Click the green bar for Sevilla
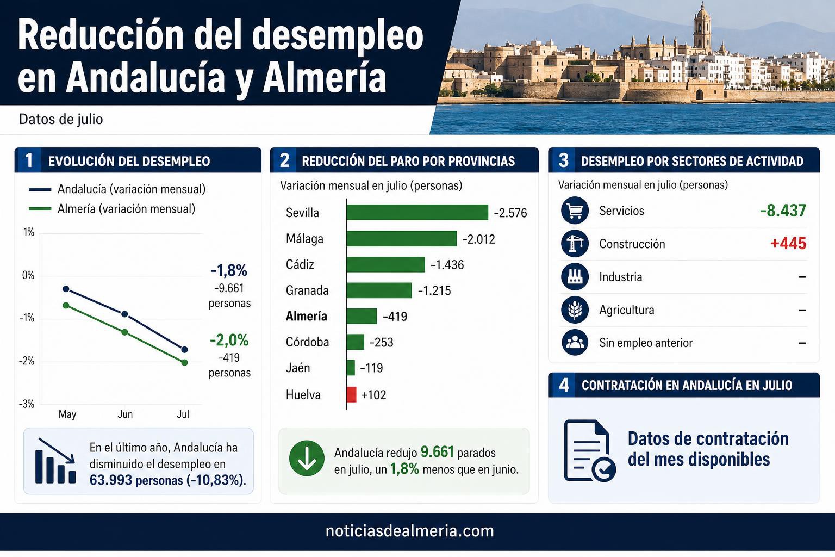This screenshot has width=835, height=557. (x=417, y=212)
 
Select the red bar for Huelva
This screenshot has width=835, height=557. (x=351, y=394)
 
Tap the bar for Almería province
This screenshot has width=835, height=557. (x=362, y=316)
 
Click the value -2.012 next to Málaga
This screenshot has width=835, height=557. (x=478, y=239)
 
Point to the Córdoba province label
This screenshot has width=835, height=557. (x=307, y=342)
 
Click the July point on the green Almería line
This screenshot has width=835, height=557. (x=184, y=362)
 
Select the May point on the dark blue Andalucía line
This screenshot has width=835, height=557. (x=66, y=289)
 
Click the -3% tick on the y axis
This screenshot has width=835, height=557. (x=27, y=404)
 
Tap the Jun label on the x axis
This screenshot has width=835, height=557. (x=125, y=414)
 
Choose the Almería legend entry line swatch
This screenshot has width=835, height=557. (x=40, y=208)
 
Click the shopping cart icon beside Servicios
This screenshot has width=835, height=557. (x=575, y=211)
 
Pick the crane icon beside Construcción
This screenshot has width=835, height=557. (x=575, y=244)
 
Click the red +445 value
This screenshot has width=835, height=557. (x=788, y=243)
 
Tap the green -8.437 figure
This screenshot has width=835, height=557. (x=783, y=211)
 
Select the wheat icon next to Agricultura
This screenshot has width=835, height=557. (x=575, y=310)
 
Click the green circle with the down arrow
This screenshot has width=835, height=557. (x=307, y=458)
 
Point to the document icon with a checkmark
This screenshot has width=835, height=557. (x=589, y=451)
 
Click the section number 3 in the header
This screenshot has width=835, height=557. (x=563, y=160)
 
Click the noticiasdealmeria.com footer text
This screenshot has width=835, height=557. (x=410, y=531)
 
